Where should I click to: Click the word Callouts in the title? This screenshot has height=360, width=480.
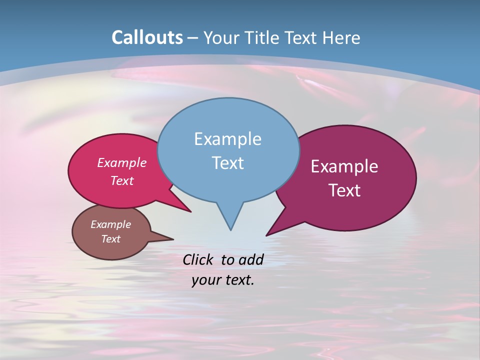click(x=147, y=37)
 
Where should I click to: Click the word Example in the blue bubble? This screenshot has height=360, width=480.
click(x=227, y=138)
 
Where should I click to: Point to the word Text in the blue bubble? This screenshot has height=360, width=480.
click(x=227, y=162)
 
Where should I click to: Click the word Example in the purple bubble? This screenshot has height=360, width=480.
click(x=344, y=166)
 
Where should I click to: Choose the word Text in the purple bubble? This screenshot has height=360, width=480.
click(x=344, y=190)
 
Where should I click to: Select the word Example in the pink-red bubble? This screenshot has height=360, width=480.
click(x=122, y=162)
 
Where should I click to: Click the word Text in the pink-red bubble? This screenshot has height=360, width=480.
click(x=122, y=180)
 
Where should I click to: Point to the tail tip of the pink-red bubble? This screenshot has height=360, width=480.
click(x=190, y=211)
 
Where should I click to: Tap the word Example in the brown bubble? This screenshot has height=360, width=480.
click(x=110, y=224)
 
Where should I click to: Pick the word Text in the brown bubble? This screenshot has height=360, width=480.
click(x=110, y=239)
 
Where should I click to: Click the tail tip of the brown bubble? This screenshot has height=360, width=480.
click(x=172, y=238)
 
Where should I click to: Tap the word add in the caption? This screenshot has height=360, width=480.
click(x=251, y=259)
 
